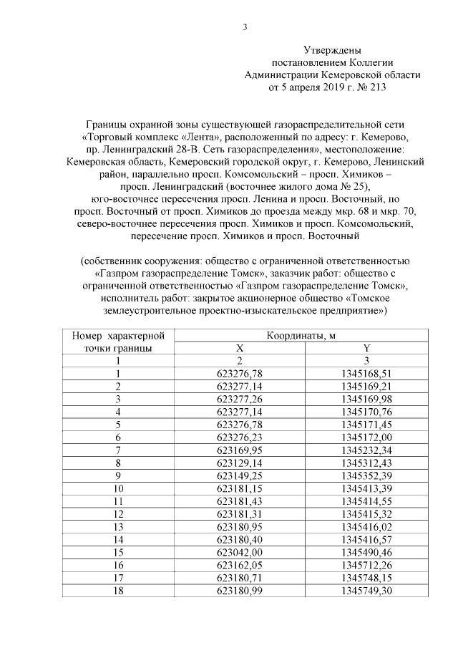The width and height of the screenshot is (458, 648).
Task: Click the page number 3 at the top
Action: pos(245,28)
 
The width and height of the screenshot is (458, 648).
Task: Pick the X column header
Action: pos(240,348)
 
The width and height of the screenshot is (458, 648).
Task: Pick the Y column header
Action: pos(366,348)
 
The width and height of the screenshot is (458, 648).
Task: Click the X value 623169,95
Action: pos(240,449)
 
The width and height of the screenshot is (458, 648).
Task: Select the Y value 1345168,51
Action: pos(366,373)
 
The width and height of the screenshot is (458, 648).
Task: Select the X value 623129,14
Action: pos(240,462)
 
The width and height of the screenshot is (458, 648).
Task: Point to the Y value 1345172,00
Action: pos(366,437)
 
